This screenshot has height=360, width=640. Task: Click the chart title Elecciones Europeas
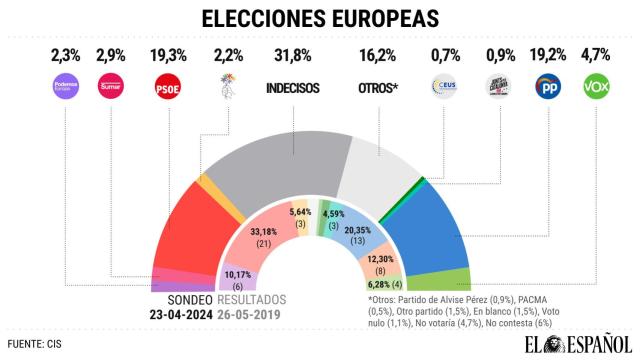[320, 18]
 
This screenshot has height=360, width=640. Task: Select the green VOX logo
[597, 89]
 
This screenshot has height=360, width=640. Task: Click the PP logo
[549, 89]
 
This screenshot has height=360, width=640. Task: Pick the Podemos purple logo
[64, 89]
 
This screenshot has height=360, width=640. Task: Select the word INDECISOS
[293, 89]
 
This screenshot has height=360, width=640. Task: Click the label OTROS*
[378, 89]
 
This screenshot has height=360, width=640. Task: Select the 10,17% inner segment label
[238, 275]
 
